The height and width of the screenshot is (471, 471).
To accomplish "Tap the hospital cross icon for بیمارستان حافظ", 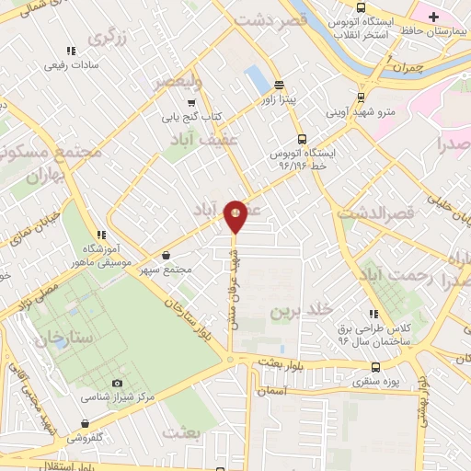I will pyautogui.click(x=433, y=17).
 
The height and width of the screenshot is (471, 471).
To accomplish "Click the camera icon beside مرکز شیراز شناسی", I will pyautogui.click(x=117, y=383).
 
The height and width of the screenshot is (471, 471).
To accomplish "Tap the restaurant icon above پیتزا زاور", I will pyautogui.click(x=279, y=84).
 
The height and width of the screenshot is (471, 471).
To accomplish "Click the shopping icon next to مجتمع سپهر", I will pyautogui.click(x=166, y=256).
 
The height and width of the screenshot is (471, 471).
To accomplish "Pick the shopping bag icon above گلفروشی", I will pyautogui.click(x=86, y=424).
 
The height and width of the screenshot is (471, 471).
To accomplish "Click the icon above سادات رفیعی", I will pyautogui.click(x=70, y=52).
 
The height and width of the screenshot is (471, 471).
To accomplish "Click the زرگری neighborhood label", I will pyautogui.click(x=109, y=37).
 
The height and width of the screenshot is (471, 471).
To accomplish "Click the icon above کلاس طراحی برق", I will pyautogui.click(x=374, y=314).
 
